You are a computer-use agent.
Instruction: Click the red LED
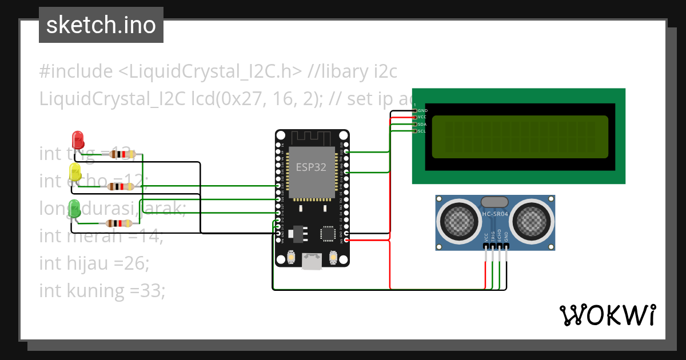pyautogui.click(x=77, y=140)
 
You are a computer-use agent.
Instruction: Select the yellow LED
pyautogui.click(x=75, y=171)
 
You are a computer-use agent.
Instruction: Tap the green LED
pyautogui.click(x=74, y=208)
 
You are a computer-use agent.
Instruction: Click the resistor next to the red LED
pyautogui.click(x=122, y=154)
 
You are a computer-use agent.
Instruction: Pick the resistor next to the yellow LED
pyautogui.click(x=121, y=186)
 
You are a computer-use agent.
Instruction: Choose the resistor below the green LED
pyautogui.click(x=119, y=223)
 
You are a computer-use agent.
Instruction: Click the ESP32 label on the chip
pyautogui.click(x=311, y=167)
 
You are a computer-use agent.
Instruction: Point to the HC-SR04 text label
pyautogui.click(x=495, y=214)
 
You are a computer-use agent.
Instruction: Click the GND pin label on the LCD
pyautogui.click(x=422, y=110)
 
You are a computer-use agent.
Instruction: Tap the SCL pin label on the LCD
pyautogui.click(x=422, y=131)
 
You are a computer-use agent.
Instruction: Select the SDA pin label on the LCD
pyautogui.click(x=422, y=124)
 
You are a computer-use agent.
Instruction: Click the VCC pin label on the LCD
pyautogui.click(x=422, y=117)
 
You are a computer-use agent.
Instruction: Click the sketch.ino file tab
pyautogui.click(x=101, y=25)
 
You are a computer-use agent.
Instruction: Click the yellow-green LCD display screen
pyautogui.click(x=520, y=137)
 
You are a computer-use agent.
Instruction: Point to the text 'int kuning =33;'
pyautogui.click(x=102, y=290)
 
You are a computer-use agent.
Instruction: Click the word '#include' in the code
pyautogui.click(x=76, y=71)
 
